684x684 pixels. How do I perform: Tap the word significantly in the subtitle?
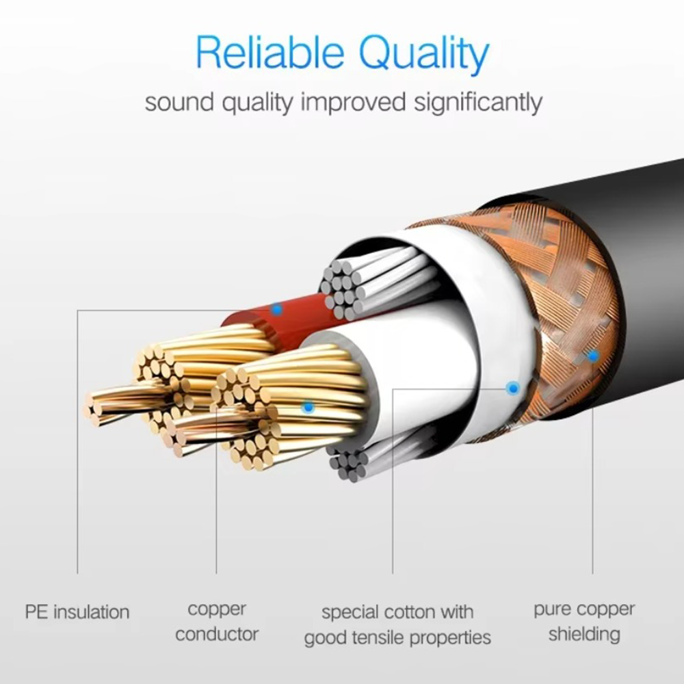(478, 103)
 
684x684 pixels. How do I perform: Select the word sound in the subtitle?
(179, 103)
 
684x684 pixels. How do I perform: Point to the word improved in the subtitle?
(354, 103)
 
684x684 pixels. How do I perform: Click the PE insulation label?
(77, 611)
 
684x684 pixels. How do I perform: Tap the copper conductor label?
(217, 622)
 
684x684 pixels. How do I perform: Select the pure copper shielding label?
(584, 622)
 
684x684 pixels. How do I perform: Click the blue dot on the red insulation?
(276, 310)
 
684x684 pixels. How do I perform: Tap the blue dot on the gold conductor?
(308, 408)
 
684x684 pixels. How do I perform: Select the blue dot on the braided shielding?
(592, 356)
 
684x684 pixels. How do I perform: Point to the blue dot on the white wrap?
(513, 387)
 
